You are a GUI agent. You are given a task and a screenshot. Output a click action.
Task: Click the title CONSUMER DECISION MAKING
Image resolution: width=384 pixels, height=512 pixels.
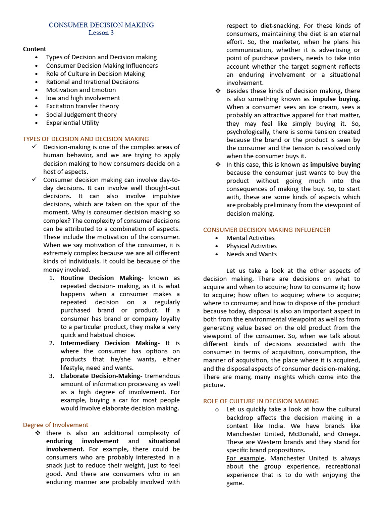(101, 25)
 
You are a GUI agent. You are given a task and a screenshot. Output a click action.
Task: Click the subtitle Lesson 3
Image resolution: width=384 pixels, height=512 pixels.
(101, 33)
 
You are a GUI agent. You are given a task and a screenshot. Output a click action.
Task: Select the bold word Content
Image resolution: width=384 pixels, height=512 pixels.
(34, 49)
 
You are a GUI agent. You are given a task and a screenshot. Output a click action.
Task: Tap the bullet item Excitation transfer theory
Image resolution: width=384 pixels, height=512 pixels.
(82, 106)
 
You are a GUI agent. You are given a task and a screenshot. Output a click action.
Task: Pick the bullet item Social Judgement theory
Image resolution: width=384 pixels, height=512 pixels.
(81, 114)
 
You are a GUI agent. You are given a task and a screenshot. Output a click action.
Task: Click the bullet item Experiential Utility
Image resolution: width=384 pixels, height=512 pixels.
(72, 123)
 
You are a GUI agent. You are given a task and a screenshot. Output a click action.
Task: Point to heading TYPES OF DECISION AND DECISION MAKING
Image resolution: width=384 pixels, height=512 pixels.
(86, 139)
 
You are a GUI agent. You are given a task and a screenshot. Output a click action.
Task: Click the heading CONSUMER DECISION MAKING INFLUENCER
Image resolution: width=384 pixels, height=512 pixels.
(266, 230)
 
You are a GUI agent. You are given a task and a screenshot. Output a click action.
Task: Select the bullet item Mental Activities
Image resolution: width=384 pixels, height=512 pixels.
(250, 238)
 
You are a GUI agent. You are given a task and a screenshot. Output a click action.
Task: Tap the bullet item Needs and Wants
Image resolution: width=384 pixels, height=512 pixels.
(251, 254)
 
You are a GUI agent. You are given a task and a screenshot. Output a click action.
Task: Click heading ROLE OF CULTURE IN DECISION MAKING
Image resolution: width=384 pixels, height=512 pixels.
(260, 401)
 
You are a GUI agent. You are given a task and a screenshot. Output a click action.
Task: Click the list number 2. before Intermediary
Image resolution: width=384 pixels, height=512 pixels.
(52, 343)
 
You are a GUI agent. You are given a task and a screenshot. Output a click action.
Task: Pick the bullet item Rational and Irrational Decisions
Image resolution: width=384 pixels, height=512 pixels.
(92, 82)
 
